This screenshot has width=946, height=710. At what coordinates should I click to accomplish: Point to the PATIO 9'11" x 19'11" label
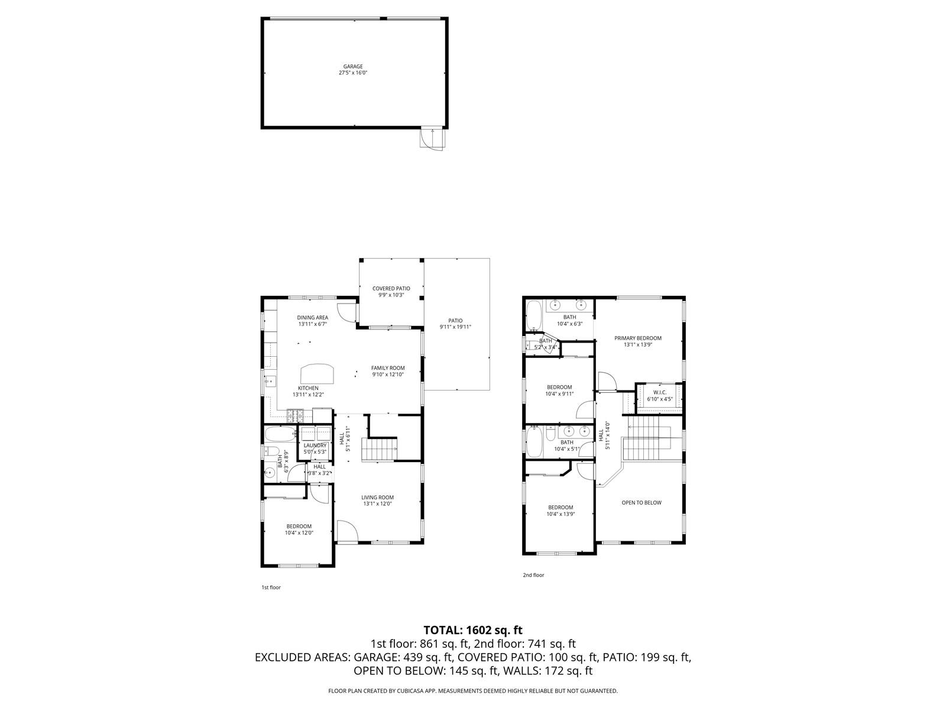tap(455, 324)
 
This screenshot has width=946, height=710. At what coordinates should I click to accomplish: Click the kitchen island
tap(317, 374)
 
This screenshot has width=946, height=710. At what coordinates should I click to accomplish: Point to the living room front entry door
tap(347, 530)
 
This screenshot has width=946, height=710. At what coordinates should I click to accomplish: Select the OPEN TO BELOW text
tap(641, 503)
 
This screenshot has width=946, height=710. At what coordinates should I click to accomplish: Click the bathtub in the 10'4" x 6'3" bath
tap(533, 315)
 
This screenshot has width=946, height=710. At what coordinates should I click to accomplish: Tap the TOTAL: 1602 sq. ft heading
tap(472, 630)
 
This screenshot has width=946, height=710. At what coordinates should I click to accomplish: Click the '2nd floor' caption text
tap(533, 575)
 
